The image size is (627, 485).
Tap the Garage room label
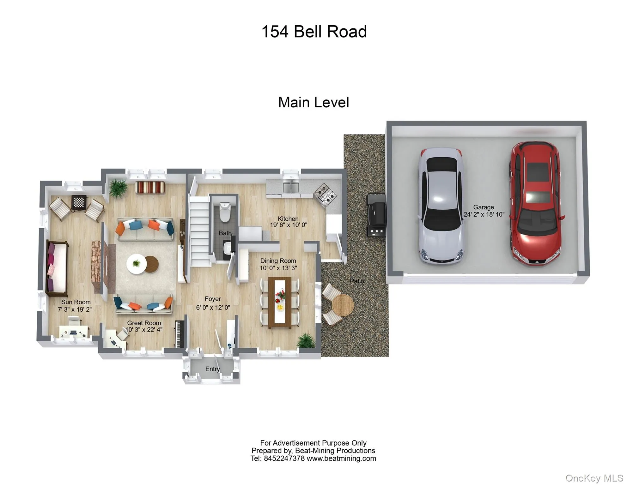point(483,207)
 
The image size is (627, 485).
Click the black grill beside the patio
point(376,215)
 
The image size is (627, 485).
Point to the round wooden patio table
point(343,305)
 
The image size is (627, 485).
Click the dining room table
point(280,302)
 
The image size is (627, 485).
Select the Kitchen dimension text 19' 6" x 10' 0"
point(288,225)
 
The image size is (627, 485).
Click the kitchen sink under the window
point(290,187)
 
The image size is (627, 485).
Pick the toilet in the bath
point(225,212)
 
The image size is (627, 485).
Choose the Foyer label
point(212,299)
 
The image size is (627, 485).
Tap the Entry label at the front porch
point(212,369)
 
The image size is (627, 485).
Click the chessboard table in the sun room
point(79,202)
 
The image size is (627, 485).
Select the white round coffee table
point(136,264)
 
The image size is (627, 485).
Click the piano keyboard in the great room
point(179,334)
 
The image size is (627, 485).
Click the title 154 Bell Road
point(314,32)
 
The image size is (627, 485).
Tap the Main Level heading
point(313,102)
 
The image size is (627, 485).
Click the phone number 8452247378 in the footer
point(284,458)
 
